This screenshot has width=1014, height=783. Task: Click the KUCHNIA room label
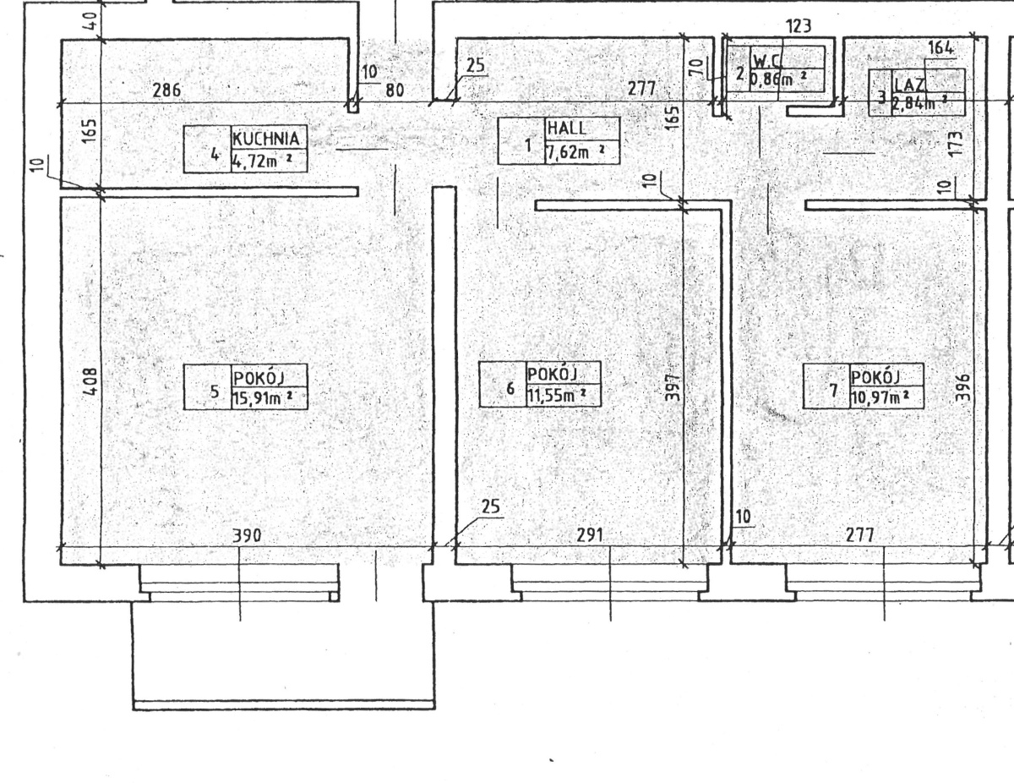click(266, 139)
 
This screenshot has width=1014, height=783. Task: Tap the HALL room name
click(566, 128)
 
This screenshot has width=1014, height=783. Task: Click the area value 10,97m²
click(880, 397)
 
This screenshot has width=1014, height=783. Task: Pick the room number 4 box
click(208, 149)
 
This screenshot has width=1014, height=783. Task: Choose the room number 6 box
click(503, 384)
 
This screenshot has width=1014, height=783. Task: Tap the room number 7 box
click(826, 386)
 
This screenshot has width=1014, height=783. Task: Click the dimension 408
click(90, 381)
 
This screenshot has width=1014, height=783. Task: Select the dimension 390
click(247, 535)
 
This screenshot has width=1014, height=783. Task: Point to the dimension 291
click(590, 535)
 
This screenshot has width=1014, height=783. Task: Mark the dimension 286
click(166, 90)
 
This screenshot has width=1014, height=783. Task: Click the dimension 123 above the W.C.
click(799, 26)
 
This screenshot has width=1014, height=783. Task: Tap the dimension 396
click(962, 387)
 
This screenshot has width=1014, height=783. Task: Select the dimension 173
click(956, 144)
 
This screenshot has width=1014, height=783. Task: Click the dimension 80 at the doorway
click(395, 90)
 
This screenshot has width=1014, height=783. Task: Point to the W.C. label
click(766, 61)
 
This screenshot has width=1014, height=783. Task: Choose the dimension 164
click(940, 47)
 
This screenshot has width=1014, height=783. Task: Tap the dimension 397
click(672, 387)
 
